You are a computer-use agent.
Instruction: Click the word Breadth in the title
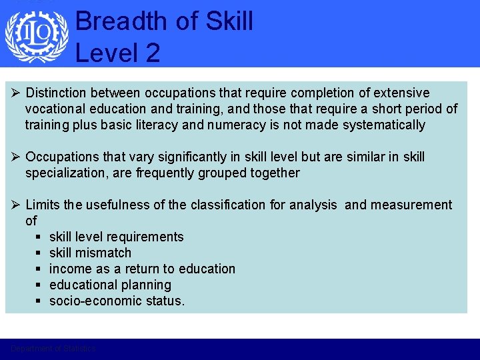tap(117, 21)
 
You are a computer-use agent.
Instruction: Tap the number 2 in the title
tap(153, 53)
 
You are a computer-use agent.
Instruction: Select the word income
tap(69, 269)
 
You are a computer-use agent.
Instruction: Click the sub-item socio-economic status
tap(117, 301)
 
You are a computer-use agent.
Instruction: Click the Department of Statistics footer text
tap(53, 349)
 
